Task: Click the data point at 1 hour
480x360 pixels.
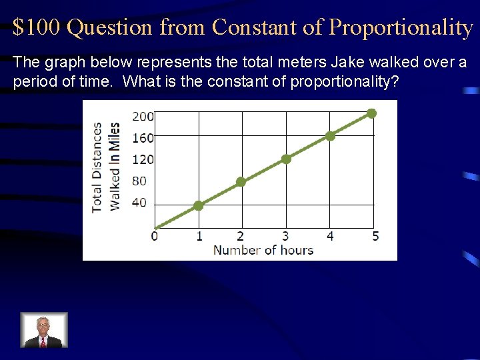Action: [198, 205]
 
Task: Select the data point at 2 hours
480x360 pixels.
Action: [241, 181]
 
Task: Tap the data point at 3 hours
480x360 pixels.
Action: [286, 159]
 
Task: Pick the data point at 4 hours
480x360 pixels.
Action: [330, 135]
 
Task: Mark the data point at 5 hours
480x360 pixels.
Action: [372, 113]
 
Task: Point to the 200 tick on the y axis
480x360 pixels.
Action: [143, 116]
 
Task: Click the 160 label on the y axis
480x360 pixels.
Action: [143, 138]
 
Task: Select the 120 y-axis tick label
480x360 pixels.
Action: [143, 159]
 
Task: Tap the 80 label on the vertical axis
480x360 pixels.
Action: [139, 181]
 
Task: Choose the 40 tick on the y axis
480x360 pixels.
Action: [139, 203]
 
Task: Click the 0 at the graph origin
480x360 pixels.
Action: [155, 236]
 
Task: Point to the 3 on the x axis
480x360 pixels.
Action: [285, 236]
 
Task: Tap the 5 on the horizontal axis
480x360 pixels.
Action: [375, 236]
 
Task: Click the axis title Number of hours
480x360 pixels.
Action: [263, 251]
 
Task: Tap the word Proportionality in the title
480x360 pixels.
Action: [401, 27]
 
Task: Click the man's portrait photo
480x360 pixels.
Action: [43, 330]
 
